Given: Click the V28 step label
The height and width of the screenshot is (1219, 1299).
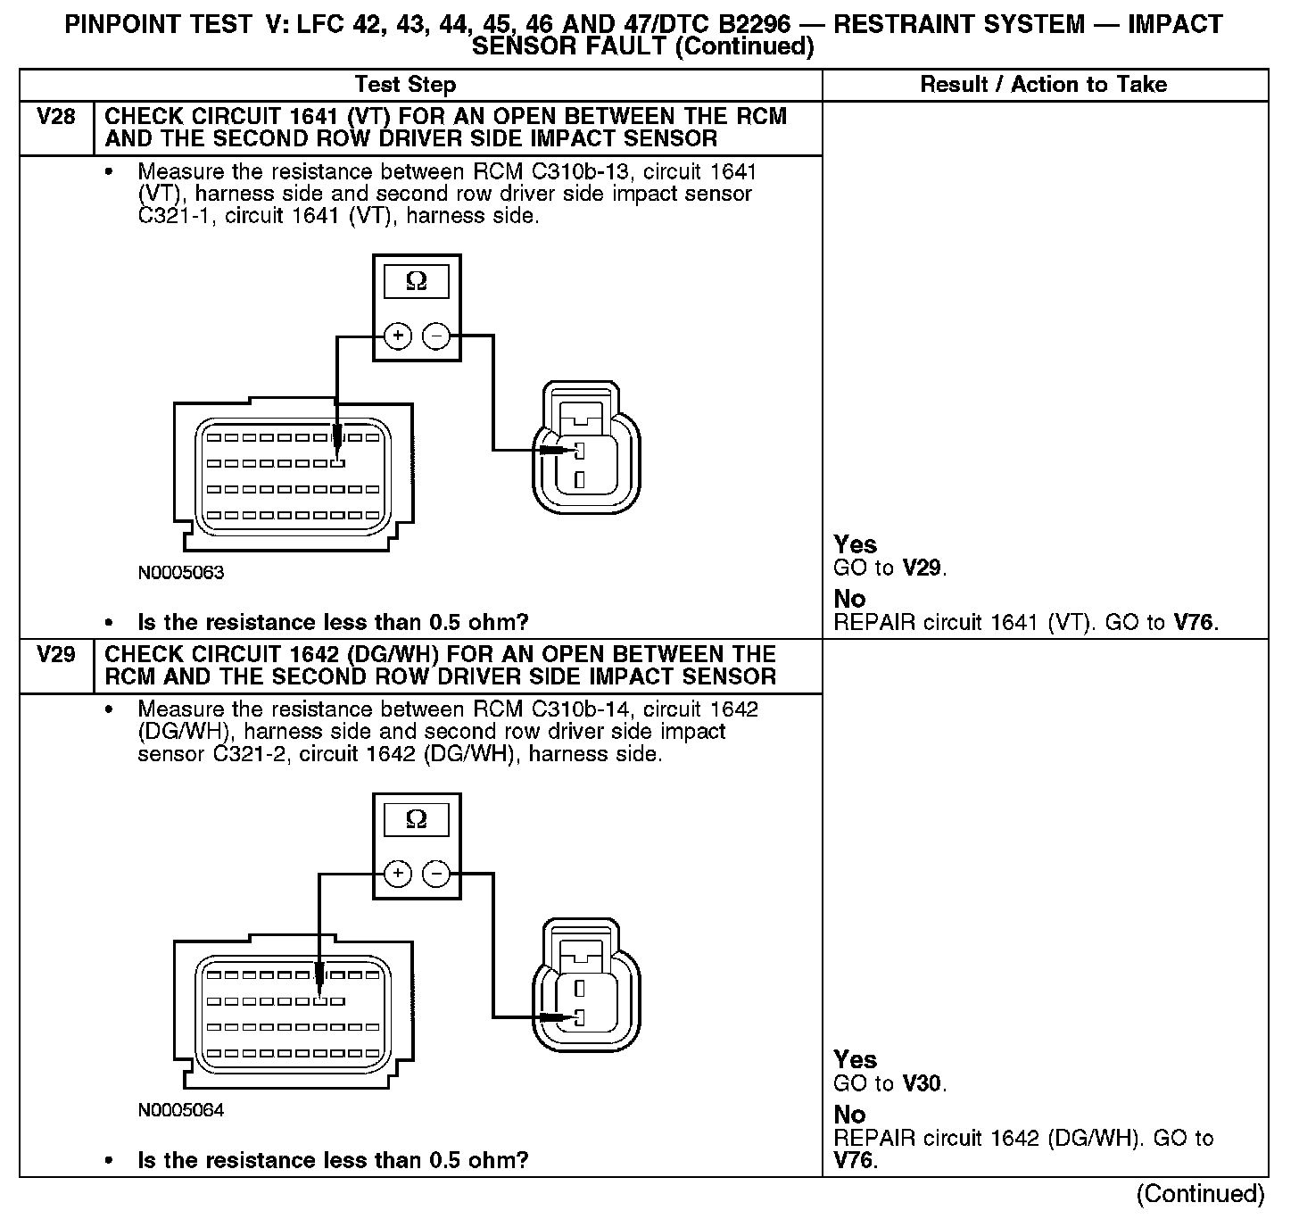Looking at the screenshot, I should (x=55, y=117).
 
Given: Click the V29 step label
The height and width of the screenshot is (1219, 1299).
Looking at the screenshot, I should (x=55, y=655).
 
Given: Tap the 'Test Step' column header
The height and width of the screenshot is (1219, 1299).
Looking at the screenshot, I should (x=405, y=85).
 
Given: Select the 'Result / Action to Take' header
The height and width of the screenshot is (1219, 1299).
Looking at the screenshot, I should (x=1043, y=85).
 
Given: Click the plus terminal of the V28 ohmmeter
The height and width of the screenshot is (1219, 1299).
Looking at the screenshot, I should (x=397, y=336).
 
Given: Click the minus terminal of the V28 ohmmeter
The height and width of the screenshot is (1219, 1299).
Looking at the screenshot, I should (x=435, y=336).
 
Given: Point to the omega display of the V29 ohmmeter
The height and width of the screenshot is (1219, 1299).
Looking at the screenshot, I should (x=416, y=819).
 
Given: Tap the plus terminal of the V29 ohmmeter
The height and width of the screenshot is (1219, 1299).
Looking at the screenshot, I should (x=397, y=874).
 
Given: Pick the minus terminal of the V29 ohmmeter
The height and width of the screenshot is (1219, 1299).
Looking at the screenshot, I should (x=435, y=874).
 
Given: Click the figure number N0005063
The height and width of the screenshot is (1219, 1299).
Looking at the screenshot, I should (x=181, y=573).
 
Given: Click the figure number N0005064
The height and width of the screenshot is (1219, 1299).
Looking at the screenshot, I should (x=181, y=1110).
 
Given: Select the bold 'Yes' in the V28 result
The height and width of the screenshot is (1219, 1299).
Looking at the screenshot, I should (x=855, y=544).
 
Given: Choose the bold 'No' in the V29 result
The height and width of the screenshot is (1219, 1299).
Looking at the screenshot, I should (x=849, y=1115).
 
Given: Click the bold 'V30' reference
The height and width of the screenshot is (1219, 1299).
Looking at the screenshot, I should (x=923, y=1084).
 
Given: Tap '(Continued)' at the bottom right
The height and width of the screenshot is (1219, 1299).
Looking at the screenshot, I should (x=1200, y=1194).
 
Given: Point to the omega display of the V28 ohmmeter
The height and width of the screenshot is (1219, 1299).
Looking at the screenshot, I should (x=416, y=282).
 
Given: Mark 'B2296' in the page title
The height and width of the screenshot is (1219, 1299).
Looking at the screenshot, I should (x=755, y=24).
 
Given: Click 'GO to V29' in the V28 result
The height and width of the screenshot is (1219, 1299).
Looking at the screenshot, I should (x=889, y=568).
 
